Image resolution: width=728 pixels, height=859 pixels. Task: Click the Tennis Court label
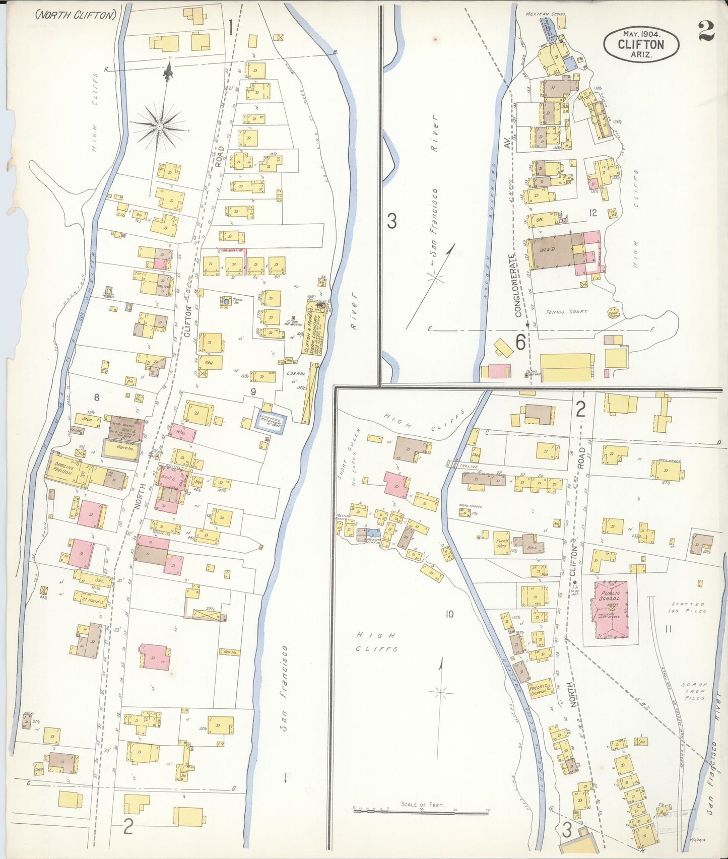[x=567, y=312]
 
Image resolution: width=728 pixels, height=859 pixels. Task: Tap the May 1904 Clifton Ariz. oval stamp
[x=641, y=44]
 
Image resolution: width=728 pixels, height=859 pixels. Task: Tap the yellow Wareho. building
[x=121, y=449]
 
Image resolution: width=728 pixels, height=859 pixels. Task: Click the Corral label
[x=296, y=374]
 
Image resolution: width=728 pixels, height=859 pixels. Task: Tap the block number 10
[x=449, y=614]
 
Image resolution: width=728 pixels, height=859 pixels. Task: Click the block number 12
[x=592, y=213]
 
